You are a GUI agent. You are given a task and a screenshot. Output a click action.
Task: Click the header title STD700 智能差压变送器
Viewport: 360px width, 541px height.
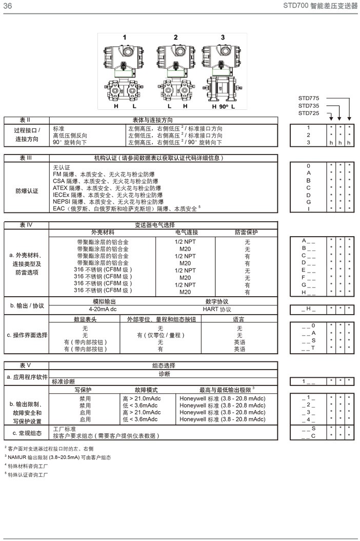[x=320, y=6]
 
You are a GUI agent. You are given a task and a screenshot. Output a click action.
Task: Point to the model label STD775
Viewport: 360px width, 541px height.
[x=309, y=98]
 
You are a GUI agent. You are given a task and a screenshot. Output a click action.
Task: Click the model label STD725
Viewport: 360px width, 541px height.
[x=309, y=113]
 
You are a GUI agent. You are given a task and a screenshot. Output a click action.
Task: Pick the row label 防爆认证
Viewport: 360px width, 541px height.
[x=27, y=191]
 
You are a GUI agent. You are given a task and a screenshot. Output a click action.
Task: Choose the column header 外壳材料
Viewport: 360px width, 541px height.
[x=103, y=233]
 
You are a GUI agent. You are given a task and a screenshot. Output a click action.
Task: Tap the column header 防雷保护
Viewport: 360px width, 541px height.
[x=247, y=233]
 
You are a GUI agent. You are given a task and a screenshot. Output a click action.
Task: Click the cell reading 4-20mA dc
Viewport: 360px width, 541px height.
[x=103, y=310]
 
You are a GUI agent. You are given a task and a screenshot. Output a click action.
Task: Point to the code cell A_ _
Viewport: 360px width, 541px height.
[x=309, y=240]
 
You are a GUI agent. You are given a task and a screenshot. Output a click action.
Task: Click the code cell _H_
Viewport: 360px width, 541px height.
[x=309, y=310]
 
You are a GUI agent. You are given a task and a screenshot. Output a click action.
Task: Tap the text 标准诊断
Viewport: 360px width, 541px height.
[x=64, y=381]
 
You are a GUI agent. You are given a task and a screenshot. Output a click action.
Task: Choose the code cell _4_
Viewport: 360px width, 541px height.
[x=309, y=419]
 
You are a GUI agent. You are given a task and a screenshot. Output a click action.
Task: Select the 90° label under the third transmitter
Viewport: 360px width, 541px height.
[x=223, y=106]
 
